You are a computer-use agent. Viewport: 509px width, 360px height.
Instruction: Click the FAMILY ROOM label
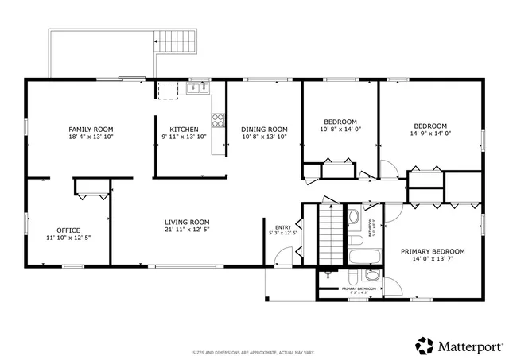point(91,129)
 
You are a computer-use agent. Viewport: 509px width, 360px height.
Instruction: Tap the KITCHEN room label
point(184,130)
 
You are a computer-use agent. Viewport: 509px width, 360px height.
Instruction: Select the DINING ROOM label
point(264,130)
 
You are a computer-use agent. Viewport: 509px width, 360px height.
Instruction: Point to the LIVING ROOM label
point(187,222)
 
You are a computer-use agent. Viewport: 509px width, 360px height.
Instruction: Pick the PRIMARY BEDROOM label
point(433,251)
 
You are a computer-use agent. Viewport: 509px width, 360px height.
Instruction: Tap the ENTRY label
point(283,226)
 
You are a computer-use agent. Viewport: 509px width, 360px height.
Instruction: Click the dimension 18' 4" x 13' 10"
point(91,137)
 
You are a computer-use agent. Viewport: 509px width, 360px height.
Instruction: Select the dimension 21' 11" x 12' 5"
point(187,230)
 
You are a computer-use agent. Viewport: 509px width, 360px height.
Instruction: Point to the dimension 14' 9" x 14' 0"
point(430,134)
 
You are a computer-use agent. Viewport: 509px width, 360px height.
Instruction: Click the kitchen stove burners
point(217,120)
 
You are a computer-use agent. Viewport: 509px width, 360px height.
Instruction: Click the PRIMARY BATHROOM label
point(358,288)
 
